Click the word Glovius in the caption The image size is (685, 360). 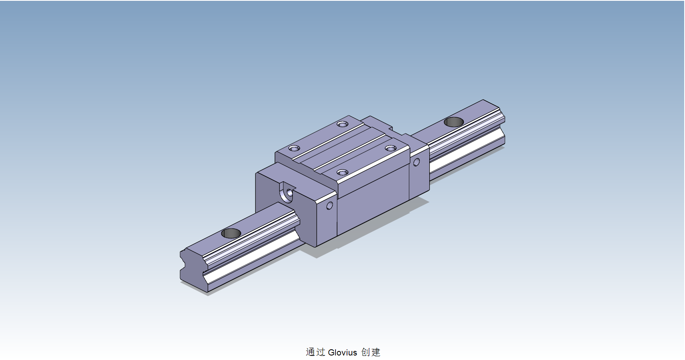pyautogui.click(x=342, y=353)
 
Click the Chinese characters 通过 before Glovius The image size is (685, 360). pyautogui.click(x=315, y=352)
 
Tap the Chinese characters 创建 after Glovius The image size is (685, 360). pyautogui.click(x=371, y=352)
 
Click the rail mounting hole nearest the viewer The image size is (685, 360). pyautogui.click(x=231, y=233)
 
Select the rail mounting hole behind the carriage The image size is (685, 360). pyautogui.click(x=454, y=122)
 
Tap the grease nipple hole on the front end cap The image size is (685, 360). pyautogui.click(x=289, y=192)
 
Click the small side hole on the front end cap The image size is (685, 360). pyautogui.click(x=329, y=205)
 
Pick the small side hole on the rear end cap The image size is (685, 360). pyautogui.click(x=416, y=162)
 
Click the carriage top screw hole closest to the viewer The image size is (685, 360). pyautogui.click(x=342, y=172)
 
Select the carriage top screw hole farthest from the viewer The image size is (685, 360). pyautogui.click(x=342, y=124)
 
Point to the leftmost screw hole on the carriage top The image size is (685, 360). pyautogui.click(x=294, y=148)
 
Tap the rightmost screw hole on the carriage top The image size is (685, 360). pyautogui.click(x=391, y=148)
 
